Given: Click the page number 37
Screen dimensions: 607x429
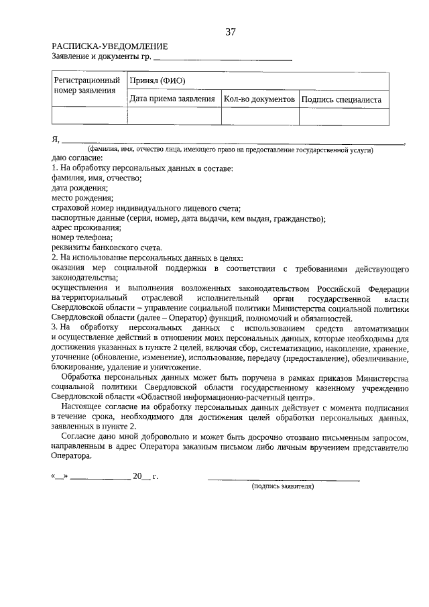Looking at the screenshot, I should [x=230, y=32].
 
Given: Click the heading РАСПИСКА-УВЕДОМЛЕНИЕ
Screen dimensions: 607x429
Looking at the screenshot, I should [x=109, y=46].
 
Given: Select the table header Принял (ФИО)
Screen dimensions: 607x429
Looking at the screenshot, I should [x=158, y=81].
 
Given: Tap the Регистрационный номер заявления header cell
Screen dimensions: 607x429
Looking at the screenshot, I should [x=82, y=85].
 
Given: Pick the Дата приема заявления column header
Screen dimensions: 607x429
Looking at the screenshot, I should [x=172, y=99].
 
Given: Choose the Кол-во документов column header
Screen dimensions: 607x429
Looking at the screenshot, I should [x=259, y=99].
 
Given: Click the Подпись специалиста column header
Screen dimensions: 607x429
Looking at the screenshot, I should [x=342, y=99].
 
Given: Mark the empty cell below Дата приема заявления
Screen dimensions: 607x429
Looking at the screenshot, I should [x=174, y=117].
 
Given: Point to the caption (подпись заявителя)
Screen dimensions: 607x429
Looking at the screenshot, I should [x=282, y=486].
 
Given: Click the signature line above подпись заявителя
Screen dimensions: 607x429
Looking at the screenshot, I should [x=283, y=479].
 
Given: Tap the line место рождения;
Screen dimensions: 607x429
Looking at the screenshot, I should [x=82, y=198].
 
